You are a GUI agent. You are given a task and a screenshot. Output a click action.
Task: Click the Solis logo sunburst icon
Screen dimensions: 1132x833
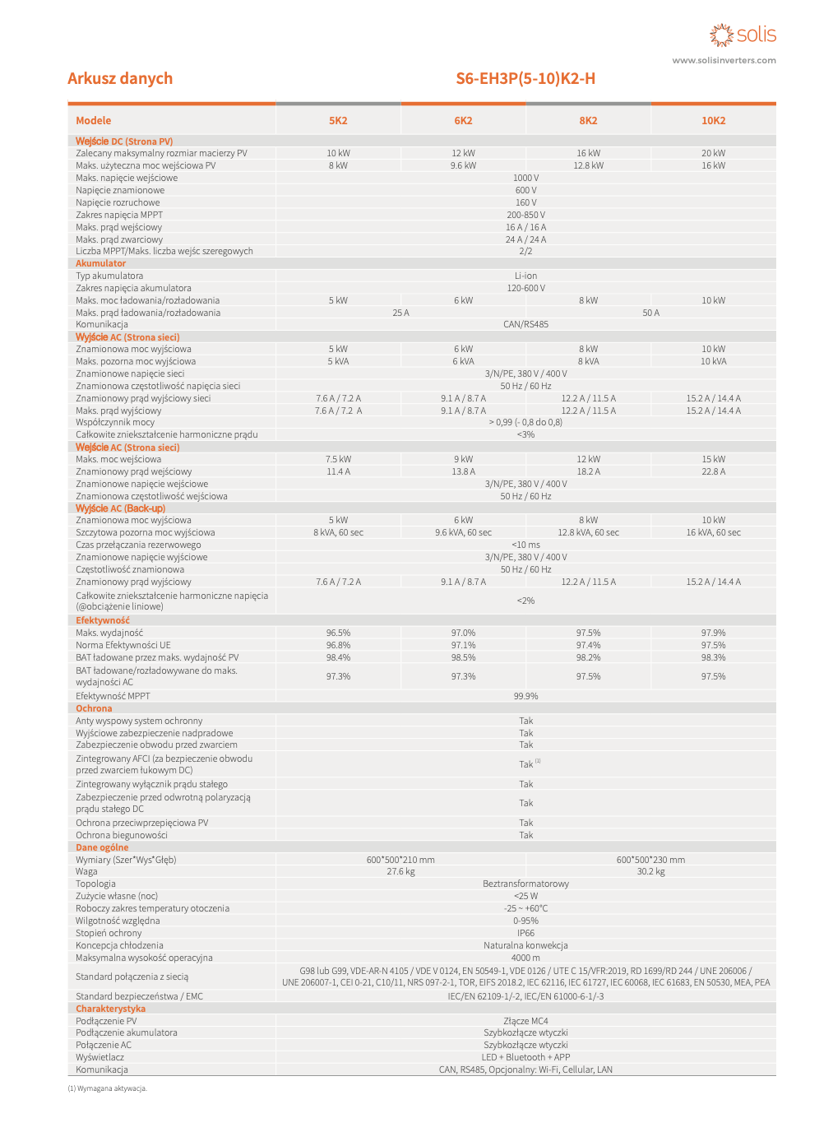(721, 35)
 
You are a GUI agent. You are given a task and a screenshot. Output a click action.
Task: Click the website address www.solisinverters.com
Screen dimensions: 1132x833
(724, 60)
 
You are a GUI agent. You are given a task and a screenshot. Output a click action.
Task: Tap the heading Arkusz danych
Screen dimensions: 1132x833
(120, 78)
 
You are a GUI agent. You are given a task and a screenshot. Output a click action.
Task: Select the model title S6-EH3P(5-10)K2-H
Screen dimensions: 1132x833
(525, 78)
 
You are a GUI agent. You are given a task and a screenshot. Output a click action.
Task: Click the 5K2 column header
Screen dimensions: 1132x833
(338, 120)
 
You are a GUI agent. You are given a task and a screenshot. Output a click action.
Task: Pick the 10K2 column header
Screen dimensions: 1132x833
(713, 120)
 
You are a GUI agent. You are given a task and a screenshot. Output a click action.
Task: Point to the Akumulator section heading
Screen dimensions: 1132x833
(100, 263)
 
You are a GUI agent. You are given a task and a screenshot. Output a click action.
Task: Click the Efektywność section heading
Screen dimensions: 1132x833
(103, 620)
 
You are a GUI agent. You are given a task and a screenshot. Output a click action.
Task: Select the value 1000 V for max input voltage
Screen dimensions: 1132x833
(525, 178)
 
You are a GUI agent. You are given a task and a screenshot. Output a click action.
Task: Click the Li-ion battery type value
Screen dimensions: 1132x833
(525, 276)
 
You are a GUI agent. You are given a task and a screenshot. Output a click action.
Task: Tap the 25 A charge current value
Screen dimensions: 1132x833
(400, 313)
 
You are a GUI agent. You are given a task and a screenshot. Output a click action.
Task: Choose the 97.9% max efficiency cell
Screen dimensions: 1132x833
(713, 633)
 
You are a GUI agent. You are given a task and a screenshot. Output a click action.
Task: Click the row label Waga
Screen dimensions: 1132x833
(86, 871)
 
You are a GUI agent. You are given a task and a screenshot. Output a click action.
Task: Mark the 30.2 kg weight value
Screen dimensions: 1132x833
(650, 871)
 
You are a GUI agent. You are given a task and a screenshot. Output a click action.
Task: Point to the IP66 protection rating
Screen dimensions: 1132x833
(525, 933)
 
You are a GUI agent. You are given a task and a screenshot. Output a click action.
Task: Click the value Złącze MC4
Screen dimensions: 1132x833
(525, 1021)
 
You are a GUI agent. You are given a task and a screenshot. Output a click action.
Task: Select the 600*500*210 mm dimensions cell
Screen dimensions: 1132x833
(400, 860)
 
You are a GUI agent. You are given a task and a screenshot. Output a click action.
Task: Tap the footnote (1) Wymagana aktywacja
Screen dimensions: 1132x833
(107, 1088)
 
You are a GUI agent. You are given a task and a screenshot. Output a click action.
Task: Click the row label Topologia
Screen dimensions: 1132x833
(95, 884)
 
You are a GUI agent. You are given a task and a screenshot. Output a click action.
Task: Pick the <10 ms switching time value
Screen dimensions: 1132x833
(525, 545)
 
